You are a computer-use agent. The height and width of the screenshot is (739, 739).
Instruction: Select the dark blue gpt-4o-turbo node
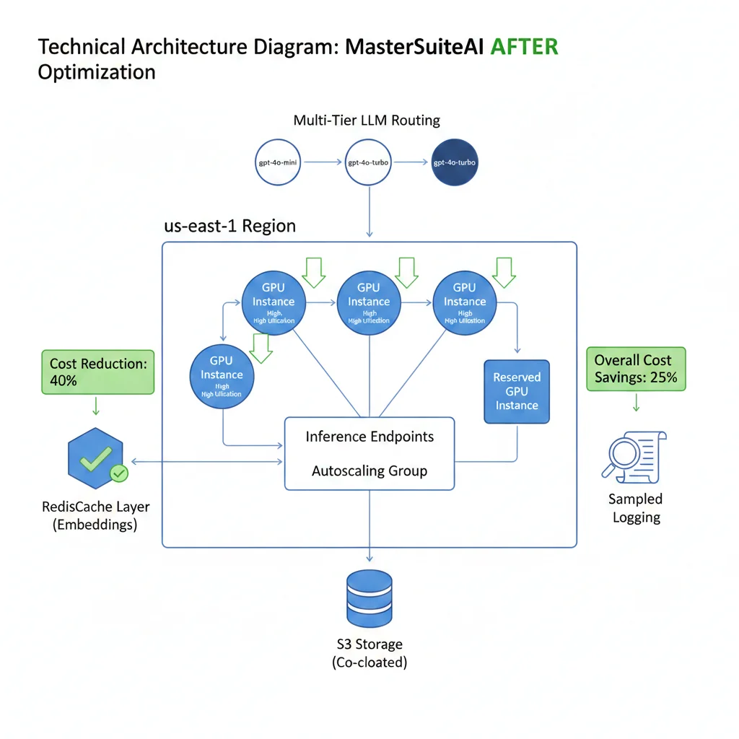tap(455, 162)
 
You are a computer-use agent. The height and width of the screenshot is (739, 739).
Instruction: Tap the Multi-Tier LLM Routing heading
tap(367, 121)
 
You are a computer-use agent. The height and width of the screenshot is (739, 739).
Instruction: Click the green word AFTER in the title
tap(524, 48)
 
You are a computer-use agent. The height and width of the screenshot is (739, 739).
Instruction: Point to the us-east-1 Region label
tap(230, 226)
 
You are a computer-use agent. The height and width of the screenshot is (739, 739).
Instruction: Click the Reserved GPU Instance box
tap(516, 391)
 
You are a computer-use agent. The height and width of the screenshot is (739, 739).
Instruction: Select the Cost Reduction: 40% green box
tap(97, 372)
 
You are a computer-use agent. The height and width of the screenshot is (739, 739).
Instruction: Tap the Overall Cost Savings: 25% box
tap(635, 368)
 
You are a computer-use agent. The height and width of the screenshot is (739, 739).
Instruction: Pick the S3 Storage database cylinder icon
tap(369, 598)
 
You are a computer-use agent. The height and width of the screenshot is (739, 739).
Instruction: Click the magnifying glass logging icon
tap(633, 456)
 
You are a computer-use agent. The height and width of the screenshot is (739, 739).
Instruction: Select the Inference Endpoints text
tap(369, 437)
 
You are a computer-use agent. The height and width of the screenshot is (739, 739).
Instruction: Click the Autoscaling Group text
tap(369, 471)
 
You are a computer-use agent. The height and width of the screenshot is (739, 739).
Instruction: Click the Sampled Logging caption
tap(635, 508)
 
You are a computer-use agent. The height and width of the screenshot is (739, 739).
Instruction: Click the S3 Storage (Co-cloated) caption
tap(369, 652)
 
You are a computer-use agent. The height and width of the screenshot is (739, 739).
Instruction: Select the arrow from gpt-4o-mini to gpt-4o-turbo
tap(325, 162)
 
